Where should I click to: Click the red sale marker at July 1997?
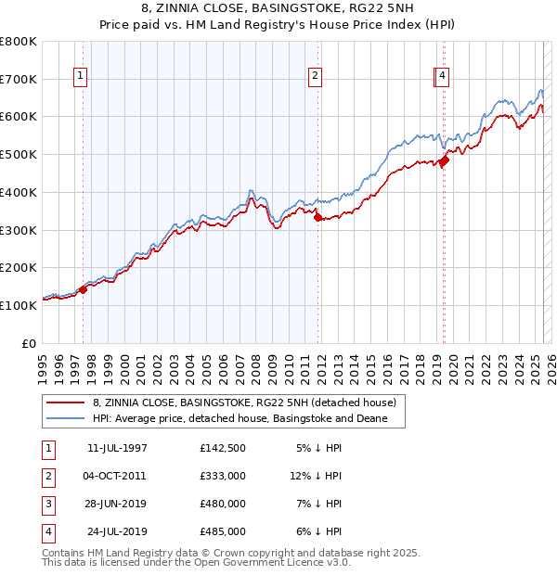(83, 289)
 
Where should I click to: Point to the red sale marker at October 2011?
(317, 218)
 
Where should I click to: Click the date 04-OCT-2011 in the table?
(114, 475)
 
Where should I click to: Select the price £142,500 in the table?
(223, 448)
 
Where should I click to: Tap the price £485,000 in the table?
(223, 531)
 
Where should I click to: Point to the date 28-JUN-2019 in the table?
(114, 504)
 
